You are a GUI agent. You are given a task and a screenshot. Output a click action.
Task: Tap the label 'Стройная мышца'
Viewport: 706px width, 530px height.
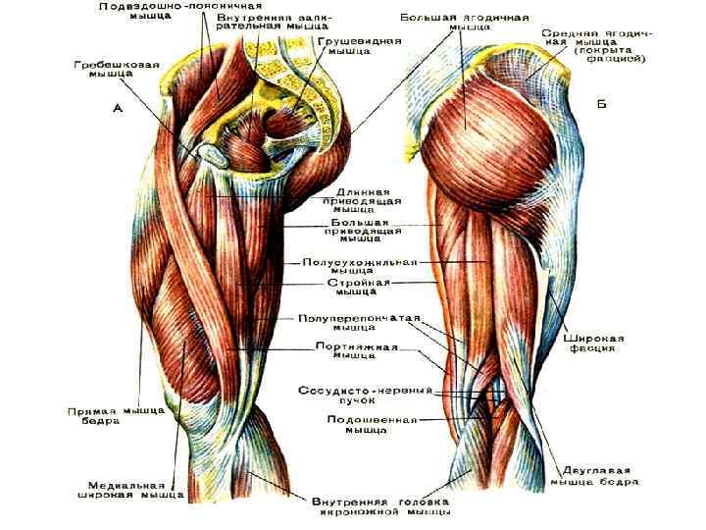coord(358,287)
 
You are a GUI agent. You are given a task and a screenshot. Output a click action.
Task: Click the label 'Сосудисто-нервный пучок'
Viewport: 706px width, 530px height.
coord(365,397)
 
